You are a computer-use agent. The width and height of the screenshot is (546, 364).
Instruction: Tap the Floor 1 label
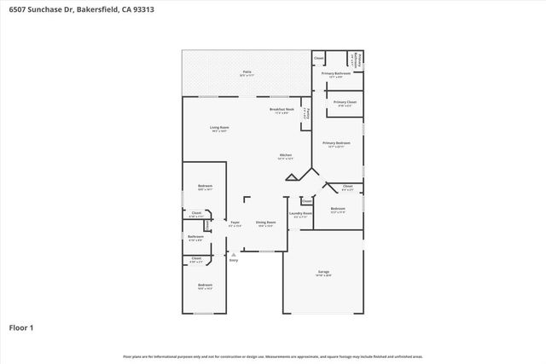[21, 326]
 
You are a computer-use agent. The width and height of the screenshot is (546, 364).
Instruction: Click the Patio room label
[247, 72]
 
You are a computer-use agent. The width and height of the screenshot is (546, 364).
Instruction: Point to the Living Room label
[219, 128]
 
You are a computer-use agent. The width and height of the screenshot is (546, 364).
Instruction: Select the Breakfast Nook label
[282, 109]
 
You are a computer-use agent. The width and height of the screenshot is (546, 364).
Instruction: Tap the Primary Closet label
[345, 102]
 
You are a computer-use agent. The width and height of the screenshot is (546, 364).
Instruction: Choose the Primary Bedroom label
[336, 142]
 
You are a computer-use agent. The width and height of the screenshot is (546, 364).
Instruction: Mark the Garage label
[323, 272]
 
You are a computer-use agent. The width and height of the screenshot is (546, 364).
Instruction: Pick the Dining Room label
[264, 222]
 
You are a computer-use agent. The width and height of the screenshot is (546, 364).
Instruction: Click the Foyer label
[235, 222]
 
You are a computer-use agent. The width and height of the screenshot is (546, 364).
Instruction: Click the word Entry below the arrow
[234, 259]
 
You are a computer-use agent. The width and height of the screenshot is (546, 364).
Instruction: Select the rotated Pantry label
[308, 112]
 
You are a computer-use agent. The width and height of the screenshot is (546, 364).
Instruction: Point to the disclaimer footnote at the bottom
[272, 356]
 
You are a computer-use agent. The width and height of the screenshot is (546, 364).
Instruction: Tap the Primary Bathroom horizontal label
[336, 73]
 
